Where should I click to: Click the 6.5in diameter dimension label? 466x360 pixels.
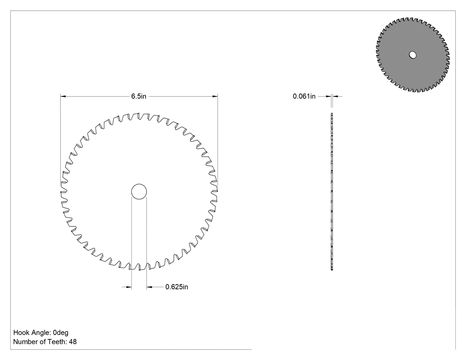[x=139, y=96]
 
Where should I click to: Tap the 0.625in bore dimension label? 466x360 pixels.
[x=177, y=287]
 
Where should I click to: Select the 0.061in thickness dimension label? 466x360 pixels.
[x=304, y=96]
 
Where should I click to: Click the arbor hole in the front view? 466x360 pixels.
[x=139, y=192]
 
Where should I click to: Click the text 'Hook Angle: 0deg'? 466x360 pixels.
[x=41, y=332]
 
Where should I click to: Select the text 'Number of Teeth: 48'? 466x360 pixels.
[x=45, y=342]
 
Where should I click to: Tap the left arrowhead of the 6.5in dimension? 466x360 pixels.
[x=63, y=96]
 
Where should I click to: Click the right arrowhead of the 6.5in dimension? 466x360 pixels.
[x=215, y=96]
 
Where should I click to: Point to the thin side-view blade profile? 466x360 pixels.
[x=332, y=192]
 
